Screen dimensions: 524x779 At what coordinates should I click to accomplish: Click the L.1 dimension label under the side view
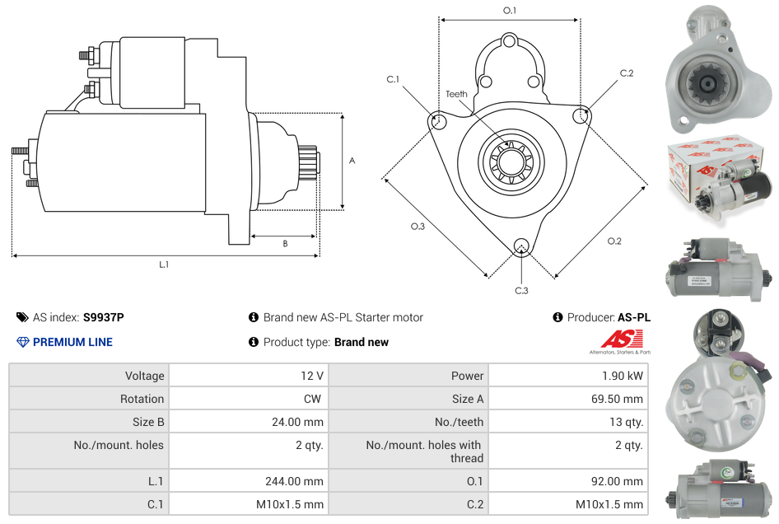tap(164, 264)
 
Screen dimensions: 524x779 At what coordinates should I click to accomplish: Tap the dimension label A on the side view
tap(352, 161)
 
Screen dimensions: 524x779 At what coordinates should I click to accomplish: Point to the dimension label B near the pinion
tap(285, 243)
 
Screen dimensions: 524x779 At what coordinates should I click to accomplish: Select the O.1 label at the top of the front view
tap(510, 10)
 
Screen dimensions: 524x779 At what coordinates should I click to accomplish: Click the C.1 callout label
tap(393, 79)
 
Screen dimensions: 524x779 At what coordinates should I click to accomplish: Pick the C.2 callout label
tap(627, 73)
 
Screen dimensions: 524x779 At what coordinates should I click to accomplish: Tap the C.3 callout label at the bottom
tap(521, 290)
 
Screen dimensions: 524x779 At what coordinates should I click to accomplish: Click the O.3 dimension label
tap(417, 227)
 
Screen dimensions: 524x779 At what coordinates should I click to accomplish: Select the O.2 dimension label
tap(614, 241)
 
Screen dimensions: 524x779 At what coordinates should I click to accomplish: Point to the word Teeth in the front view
tap(456, 94)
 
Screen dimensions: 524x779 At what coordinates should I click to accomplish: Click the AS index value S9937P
tap(104, 317)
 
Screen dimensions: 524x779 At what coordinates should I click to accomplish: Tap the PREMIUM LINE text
tap(72, 342)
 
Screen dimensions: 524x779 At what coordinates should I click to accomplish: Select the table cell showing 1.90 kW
tap(623, 376)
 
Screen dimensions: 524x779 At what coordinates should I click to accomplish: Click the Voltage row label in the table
tap(144, 376)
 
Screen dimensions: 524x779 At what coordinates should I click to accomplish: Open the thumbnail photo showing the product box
tap(720, 180)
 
